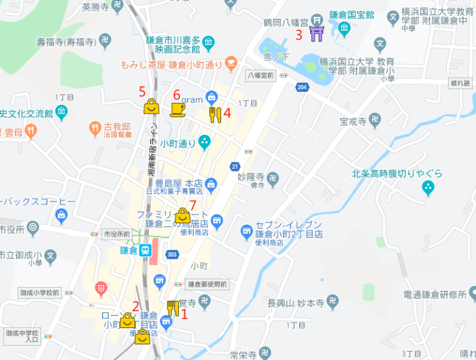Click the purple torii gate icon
[x=316, y=33]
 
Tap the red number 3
[x=299, y=35]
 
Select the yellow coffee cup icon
[x=177, y=109]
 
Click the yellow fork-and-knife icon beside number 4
[x=215, y=114]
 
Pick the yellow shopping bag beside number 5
[x=151, y=106]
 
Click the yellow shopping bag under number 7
[x=182, y=216]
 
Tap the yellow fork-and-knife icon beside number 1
[x=173, y=308]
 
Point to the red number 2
[x=136, y=306]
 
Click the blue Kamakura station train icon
[x=146, y=250]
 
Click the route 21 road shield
[x=235, y=166]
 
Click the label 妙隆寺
[x=251, y=175]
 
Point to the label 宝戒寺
[x=353, y=122]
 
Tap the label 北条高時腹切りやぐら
[x=398, y=173]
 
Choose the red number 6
[x=177, y=95]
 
